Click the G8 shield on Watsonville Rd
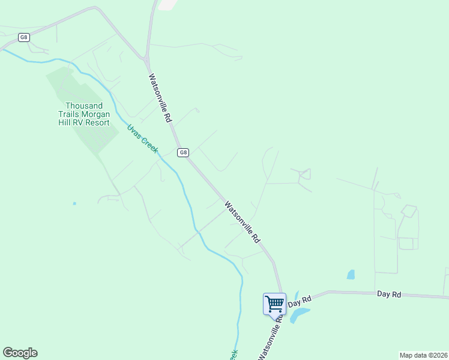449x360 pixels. (184, 152)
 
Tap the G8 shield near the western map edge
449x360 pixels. (23, 37)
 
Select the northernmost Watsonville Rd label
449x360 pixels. (160, 98)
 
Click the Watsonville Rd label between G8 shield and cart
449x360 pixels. (243, 222)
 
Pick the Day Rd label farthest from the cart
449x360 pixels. (388, 294)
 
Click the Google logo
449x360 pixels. (20, 353)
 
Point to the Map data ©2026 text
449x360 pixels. (423, 355)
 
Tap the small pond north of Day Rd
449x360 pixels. (351, 275)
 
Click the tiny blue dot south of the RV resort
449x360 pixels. (74, 203)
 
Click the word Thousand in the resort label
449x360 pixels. (83, 105)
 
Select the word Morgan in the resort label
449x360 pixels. (95, 114)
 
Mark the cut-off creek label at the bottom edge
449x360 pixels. (234, 355)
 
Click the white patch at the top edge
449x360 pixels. (167, 4)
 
